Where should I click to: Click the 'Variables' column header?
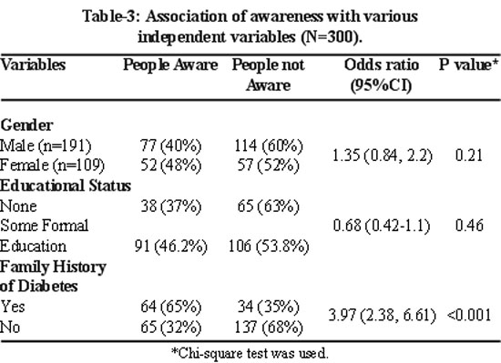[33, 65]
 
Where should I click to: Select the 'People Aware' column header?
[170, 66]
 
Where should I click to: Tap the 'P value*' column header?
[468, 65]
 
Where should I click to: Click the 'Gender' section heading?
[26, 125]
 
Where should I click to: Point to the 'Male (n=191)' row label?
[46, 146]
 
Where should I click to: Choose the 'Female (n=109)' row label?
[53, 166]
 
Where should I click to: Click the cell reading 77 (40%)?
[171, 146]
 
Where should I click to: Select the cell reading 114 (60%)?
[269, 146]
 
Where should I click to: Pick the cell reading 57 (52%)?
[269, 166]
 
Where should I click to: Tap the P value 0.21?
[469, 156]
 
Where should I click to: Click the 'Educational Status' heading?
[66, 186]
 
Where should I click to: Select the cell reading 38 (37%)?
[171, 207]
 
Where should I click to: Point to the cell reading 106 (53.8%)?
[269, 247]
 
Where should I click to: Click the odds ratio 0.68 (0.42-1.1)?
[382, 226]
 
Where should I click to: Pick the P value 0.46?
[469, 226]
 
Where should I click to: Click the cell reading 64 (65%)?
[171, 307]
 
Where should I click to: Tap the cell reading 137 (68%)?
[269, 328]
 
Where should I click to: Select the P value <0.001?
[469, 315]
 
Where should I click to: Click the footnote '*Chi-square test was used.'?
[250, 353]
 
